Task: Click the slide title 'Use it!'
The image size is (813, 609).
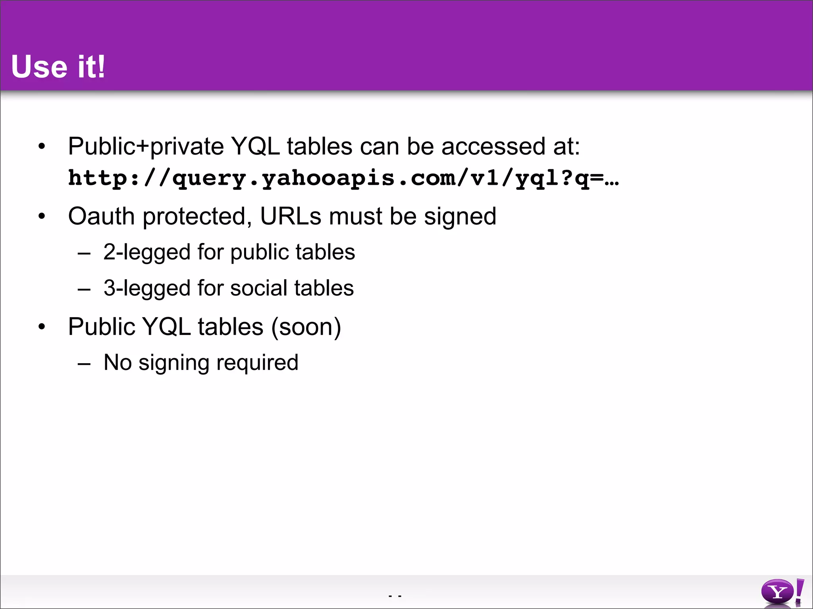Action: click(x=58, y=67)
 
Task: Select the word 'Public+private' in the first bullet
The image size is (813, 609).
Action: click(x=146, y=147)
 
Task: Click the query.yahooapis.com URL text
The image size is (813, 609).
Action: click(x=343, y=178)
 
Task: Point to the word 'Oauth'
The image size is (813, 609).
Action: click(x=101, y=216)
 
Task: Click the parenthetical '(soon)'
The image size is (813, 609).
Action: click(x=306, y=327)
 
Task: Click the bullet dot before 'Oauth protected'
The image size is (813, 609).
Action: click(x=42, y=217)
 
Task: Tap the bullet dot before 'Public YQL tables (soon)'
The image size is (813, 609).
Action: click(x=42, y=327)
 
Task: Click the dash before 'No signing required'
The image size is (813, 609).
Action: click(x=84, y=364)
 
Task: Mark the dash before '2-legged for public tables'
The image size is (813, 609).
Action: click(x=84, y=253)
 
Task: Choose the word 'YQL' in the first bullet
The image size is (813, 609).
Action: click(x=255, y=147)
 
